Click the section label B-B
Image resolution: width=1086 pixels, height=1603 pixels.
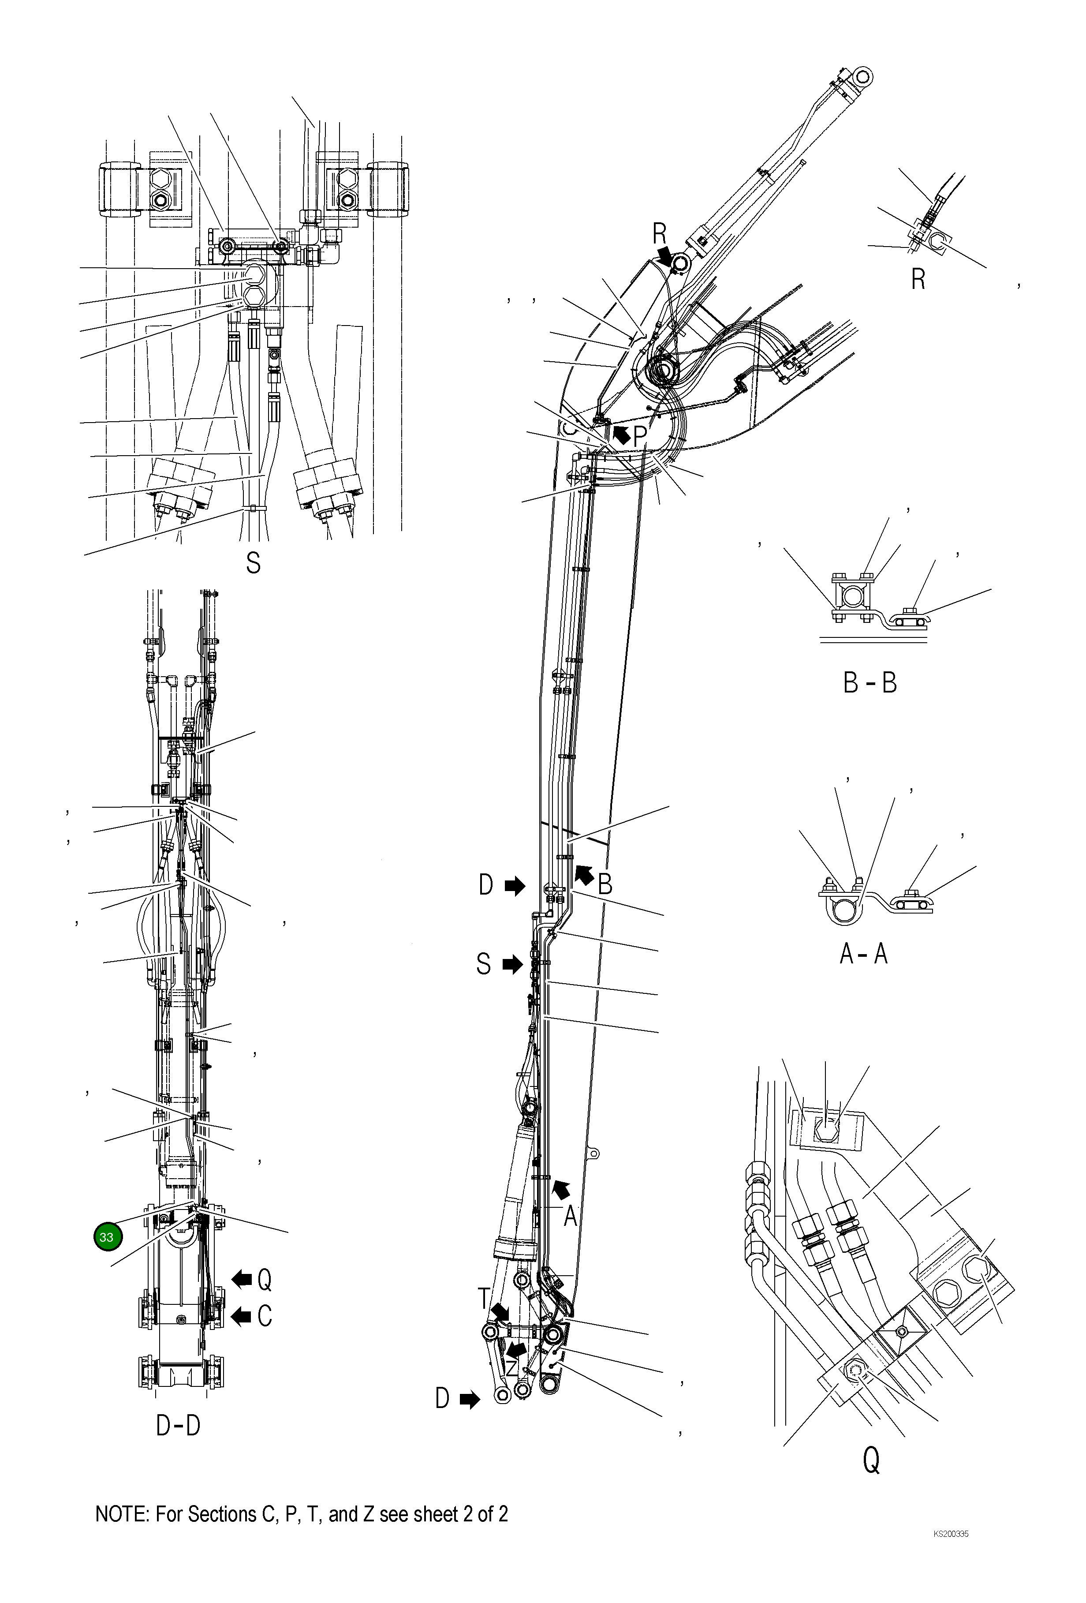click(870, 683)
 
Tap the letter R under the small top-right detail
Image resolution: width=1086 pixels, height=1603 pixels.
click(918, 279)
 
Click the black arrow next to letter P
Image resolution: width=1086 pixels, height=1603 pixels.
click(620, 434)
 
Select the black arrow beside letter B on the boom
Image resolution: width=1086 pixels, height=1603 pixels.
click(583, 875)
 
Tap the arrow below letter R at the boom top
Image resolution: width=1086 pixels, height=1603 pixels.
click(666, 256)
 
